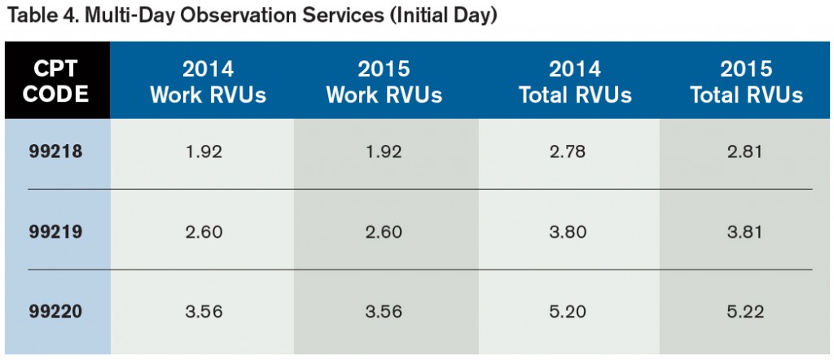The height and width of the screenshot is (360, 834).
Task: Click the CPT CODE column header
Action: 55,80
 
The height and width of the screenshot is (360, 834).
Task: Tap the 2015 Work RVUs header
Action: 384,80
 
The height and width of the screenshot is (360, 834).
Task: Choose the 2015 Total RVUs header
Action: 746,80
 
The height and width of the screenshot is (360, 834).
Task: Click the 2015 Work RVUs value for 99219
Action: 384,231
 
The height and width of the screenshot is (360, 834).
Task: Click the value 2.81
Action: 746,151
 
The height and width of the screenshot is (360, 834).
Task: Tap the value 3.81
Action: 746,231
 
